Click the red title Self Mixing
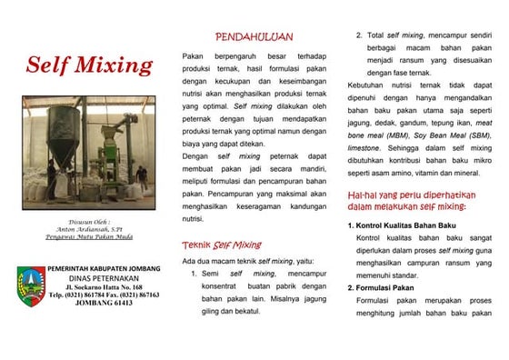click(89, 65)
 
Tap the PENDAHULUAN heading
click(254, 37)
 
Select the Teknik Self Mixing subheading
click(221, 245)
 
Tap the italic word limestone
click(363, 147)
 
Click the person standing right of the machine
click(142, 173)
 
